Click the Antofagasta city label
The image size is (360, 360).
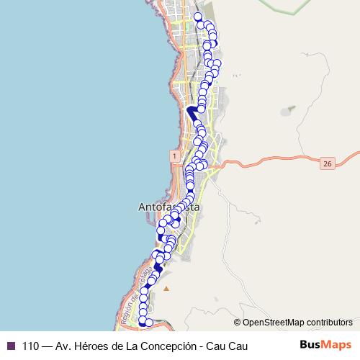pyautogui.click(x=168, y=207)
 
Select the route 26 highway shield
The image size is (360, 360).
pyautogui.click(x=328, y=164)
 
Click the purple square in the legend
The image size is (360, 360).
pyautogui.click(x=11, y=344)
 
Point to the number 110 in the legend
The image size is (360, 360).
pyautogui.click(x=31, y=344)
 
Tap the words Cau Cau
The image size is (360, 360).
pyautogui.click(x=226, y=344)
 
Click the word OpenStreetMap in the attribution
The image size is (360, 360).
pyautogui.click(x=274, y=322)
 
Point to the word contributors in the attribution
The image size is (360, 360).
pyautogui.click(x=329, y=322)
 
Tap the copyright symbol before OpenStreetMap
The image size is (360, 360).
pyautogui.click(x=238, y=322)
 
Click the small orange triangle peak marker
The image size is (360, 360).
pyautogui.click(x=166, y=289)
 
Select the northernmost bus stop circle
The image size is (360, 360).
pyautogui.click(x=198, y=16)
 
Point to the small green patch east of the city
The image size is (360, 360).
pyautogui.click(x=290, y=109)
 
